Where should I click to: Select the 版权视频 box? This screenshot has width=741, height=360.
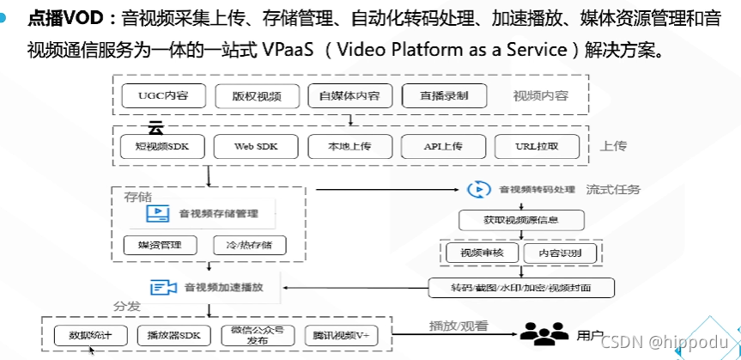pos(254,95)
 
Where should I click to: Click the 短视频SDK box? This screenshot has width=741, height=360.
pos(162,147)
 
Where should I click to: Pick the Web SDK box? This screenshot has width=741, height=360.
pos(255,147)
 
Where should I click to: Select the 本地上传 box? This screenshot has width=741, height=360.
pos(349,147)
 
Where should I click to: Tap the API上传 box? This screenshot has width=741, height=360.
pos(443,147)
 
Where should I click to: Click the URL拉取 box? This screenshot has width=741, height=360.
pos(536,147)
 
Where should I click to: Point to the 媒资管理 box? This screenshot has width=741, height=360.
pos(160,245)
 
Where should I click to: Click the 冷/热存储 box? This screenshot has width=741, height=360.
pos(249,245)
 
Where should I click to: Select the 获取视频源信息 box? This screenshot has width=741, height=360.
pos(521,221)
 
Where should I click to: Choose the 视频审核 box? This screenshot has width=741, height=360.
pos(479,253)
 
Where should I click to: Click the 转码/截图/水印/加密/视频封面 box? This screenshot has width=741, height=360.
pos(521,287)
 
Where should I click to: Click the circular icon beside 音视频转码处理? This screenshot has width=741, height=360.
pos(477,189)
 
